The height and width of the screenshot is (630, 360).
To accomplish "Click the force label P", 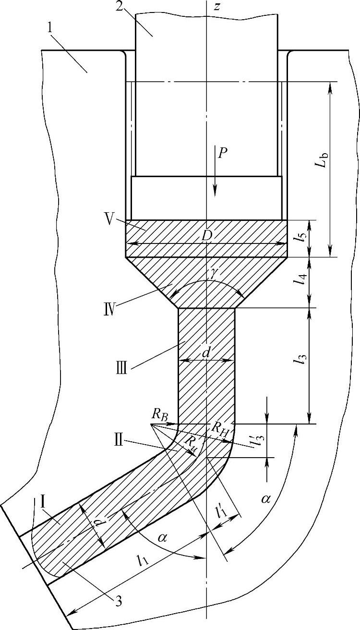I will (222, 153).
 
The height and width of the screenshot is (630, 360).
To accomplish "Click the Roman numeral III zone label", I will (121, 371).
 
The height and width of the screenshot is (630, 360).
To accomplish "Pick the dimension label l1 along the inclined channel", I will (142, 559).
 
